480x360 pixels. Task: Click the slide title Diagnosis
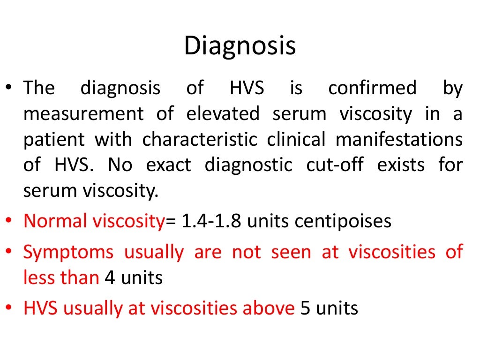pyautogui.click(x=240, y=46)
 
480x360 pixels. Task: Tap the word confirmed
pyautogui.click(x=372, y=88)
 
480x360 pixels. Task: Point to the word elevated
pyautogui.click(x=223, y=114)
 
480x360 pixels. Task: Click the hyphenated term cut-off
pyautogui.click(x=334, y=165)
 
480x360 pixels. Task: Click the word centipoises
pyautogui.click(x=343, y=221)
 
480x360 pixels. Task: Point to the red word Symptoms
pyautogui.click(x=68, y=252)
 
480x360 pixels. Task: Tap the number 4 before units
pyautogui.click(x=109, y=278)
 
